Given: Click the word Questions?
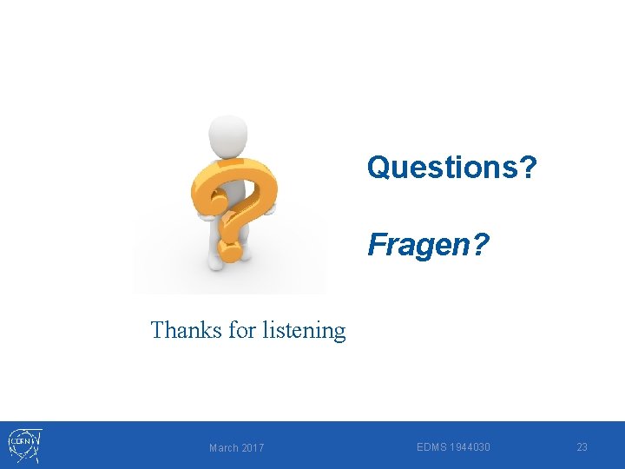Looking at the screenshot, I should (x=451, y=166).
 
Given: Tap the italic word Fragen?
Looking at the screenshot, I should (x=428, y=246).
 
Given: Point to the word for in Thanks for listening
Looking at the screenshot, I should (x=242, y=330).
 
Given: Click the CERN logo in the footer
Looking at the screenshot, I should (x=25, y=444).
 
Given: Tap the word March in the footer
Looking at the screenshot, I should (x=223, y=447).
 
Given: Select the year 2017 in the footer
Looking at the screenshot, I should (x=252, y=447).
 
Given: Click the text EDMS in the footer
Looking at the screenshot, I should (x=431, y=446).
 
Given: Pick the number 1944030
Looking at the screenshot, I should (x=469, y=446).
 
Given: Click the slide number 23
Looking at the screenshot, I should (x=582, y=446).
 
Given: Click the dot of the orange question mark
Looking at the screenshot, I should (x=229, y=251).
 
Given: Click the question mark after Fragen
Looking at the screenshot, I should (x=480, y=246).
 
